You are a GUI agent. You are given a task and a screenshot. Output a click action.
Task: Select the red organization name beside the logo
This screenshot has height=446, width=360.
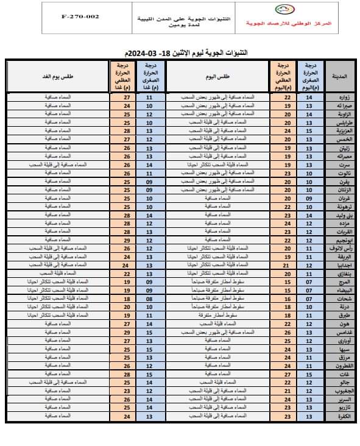tap(287, 23)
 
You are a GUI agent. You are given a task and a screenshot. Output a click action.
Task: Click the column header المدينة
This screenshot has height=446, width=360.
tap(337, 77)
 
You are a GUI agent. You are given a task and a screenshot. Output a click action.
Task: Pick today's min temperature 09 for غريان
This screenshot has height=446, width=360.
tap(309, 198)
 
